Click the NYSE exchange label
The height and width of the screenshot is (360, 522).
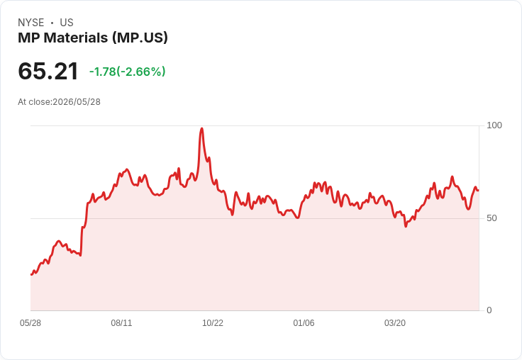31,23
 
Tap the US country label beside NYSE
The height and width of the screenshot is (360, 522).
67,23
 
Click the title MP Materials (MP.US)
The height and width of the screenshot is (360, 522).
93,38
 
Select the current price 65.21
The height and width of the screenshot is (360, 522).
48,71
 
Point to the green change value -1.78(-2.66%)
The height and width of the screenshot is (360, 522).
128,72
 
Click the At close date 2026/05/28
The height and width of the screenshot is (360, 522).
77,102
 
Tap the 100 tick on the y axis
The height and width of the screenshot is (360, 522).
494,125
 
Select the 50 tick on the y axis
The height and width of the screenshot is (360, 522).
492,218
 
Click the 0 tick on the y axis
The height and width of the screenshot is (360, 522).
489,310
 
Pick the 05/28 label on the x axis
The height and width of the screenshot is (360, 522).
30,323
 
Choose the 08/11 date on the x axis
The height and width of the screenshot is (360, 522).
121,323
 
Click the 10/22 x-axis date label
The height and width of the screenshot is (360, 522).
213,323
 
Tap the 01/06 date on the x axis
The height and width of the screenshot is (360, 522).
304,323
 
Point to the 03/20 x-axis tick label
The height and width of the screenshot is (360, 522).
395,323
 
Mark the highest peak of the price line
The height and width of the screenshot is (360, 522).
201,128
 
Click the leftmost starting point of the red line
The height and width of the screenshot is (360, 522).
31,274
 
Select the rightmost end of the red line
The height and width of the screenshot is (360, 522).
479,191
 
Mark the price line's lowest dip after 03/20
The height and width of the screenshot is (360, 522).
406,227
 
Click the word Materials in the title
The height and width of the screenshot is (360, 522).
76,38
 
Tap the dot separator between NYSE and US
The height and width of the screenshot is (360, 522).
52,23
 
